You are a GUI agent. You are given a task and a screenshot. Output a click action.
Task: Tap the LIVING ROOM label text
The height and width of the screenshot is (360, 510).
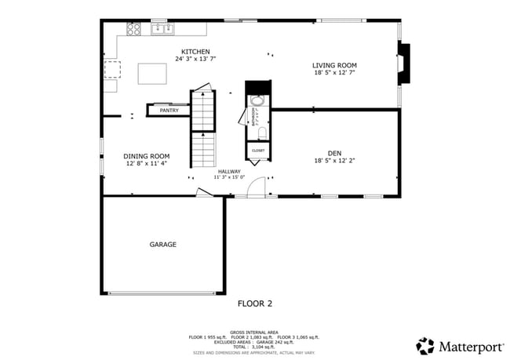point(334,65)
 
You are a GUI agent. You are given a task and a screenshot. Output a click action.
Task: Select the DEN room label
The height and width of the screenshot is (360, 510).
point(334,153)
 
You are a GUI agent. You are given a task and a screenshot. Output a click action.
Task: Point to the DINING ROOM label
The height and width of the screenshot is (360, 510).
point(148,156)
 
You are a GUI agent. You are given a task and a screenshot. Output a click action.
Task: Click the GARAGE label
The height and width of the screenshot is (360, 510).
point(162,245)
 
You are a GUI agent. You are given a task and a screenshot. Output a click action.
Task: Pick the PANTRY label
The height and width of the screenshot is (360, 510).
point(169,111)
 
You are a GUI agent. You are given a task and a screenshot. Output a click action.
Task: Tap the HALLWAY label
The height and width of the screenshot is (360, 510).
point(229,171)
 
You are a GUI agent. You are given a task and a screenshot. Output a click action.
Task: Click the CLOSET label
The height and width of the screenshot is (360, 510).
point(258,150)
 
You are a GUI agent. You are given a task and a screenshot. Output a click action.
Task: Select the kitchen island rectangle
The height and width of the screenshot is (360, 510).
point(152,74)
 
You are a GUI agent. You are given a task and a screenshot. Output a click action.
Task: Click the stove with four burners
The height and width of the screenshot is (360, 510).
point(133,29)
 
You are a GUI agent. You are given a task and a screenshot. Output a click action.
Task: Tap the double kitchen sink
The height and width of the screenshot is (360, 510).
point(162,29)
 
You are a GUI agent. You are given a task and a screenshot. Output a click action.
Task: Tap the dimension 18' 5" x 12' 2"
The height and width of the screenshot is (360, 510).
point(334,161)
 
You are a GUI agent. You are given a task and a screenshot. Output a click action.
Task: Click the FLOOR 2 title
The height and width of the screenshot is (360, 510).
point(255,303)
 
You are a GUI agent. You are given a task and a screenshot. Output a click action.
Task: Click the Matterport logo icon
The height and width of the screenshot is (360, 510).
point(424,345)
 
